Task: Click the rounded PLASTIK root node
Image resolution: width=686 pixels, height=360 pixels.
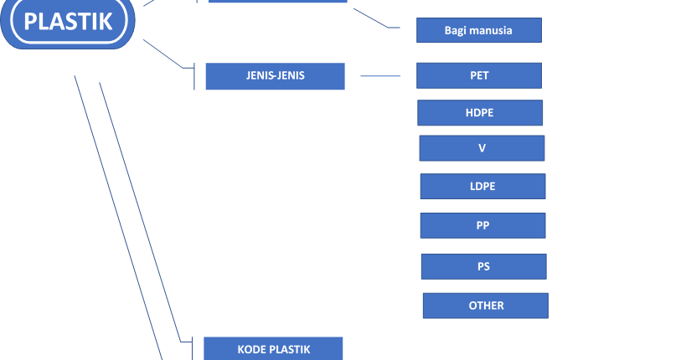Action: [x=68, y=22]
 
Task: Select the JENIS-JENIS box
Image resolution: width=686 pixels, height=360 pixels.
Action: [x=275, y=75]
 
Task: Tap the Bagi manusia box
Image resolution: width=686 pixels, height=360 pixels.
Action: [x=478, y=30]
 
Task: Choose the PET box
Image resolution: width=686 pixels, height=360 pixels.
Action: [x=478, y=75]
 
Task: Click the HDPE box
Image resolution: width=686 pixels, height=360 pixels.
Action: [x=479, y=112]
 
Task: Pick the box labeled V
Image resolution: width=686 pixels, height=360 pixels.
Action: [x=482, y=148]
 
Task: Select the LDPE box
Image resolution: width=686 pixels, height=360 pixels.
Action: [x=482, y=186]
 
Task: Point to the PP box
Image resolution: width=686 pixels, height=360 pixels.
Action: [x=482, y=225]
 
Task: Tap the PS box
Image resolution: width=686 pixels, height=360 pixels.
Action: [x=483, y=266]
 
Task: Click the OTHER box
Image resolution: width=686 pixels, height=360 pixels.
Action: [x=485, y=306]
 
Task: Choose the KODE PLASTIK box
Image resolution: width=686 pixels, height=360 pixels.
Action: [x=273, y=349]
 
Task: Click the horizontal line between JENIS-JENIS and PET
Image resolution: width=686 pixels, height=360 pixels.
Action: [x=380, y=75]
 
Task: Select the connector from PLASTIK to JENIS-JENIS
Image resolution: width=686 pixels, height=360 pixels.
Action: [x=163, y=52]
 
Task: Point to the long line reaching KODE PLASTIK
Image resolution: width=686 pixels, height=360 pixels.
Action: [x=138, y=209]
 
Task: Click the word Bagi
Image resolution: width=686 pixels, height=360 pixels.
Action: [x=456, y=30]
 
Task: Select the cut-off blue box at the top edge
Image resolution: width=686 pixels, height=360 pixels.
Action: [x=277, y=2]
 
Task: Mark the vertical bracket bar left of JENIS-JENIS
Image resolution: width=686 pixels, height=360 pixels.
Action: [x=194, y=76]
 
